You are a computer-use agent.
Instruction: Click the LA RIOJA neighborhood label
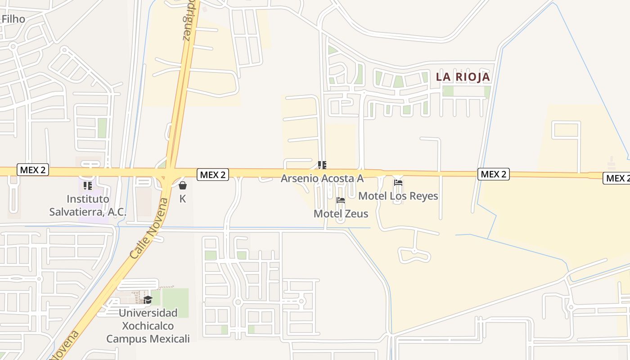tap(463, 77)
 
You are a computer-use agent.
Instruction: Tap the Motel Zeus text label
tap(341, 213)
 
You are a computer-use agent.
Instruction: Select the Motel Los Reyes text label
tap(398, 196)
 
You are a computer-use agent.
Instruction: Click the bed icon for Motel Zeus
tap(341, 200)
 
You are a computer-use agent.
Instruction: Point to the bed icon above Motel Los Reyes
tap(398, 183)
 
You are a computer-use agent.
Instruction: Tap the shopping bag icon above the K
tap(183, 185)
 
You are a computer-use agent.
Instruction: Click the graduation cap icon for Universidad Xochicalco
tap(148, 300)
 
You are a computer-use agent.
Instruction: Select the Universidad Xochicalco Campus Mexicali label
tap(148, 325)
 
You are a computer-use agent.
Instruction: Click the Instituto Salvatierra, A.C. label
tap(88, 205)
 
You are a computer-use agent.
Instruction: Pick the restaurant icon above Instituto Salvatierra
tap(88, 185)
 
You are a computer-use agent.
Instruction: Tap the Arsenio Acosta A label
tap(322, 178)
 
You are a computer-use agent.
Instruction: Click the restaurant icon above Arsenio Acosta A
tap(322, 165)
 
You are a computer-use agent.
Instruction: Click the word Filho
tap(13, 19)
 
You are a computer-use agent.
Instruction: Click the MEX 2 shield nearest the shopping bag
tap(212, 175)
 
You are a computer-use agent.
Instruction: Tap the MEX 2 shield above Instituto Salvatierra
tap(32, 170)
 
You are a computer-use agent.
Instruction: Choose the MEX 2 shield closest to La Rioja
tap(493, 174)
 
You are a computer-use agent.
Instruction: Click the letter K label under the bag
tap(183, 198)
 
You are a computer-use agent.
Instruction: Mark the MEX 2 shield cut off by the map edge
tap(616, 178)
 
